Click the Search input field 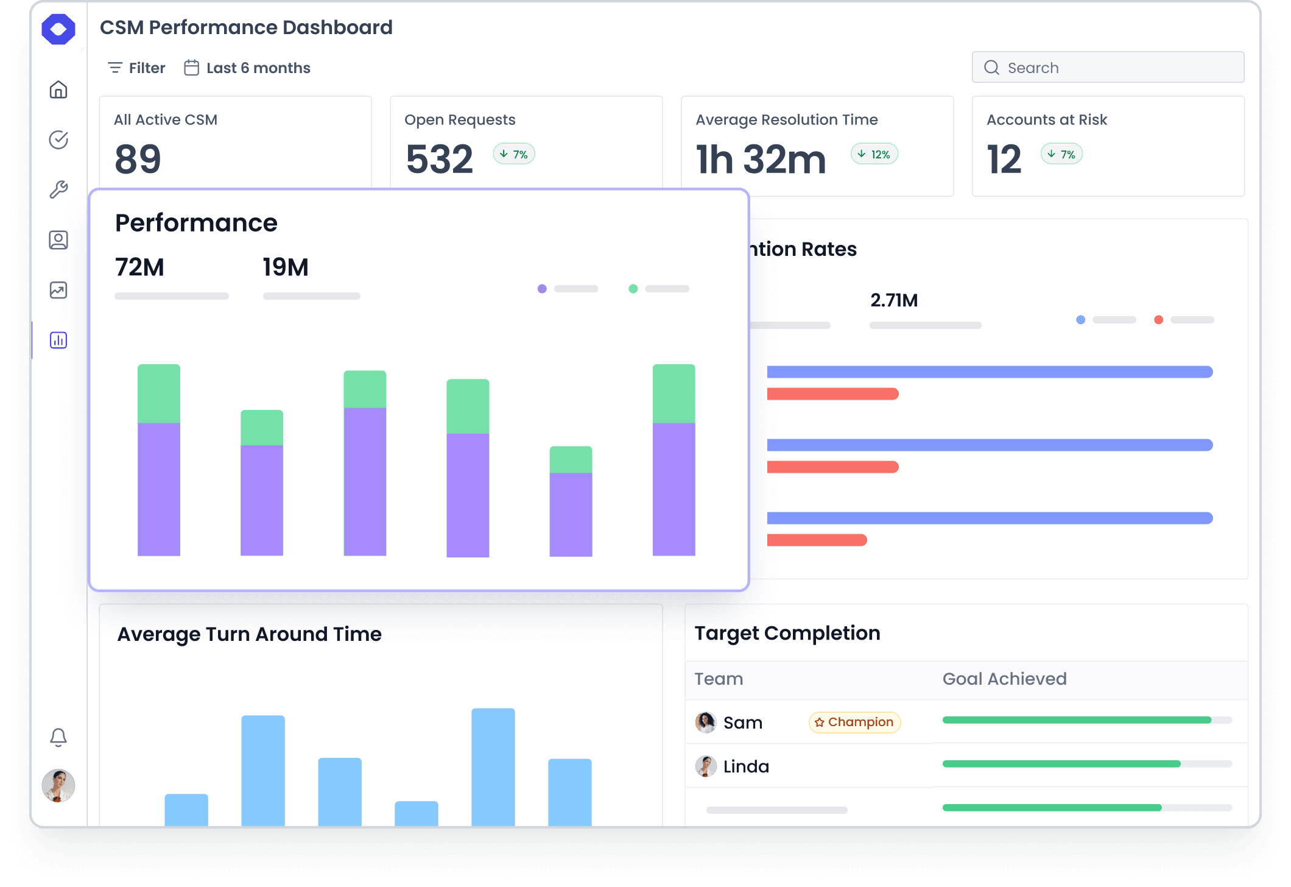pyautogui.click(x=1108, y=68)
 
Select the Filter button pyautogui.click(x=136, y=68)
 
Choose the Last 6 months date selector pyautogui.click(x=247, y=68)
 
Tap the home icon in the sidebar pyautogui.click(x=58, y=90)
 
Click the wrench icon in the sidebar pyautogui.click(x=58, y=190)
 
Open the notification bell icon pyautogui.click(x=58, y=737)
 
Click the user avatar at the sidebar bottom pyautogui.click(x=58, y=785)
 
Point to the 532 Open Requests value pyautogui.click(x=439, y=159)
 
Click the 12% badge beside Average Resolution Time pyautogui.click(x=874, y=154)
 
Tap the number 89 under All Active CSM pyautogui.click(x=138, y=159)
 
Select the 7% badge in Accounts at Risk pyautogui.click(x=1061, y=154)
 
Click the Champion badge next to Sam pyautogui.click(x=854, y=722)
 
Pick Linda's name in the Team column pyautogui.click(x=746, y=766)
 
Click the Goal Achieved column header pyautogui.click(x=1004, y=679)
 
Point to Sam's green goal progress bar pyautogui.click(x=1076, y=720)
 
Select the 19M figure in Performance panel pyautogui.click(x=286, y=267)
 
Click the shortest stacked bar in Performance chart pyautogui.click(x=571, y=501)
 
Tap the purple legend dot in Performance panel pyautogui.click(x=542, y=289)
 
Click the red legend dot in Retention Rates pyautogui.click(x=1158, y=320)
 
